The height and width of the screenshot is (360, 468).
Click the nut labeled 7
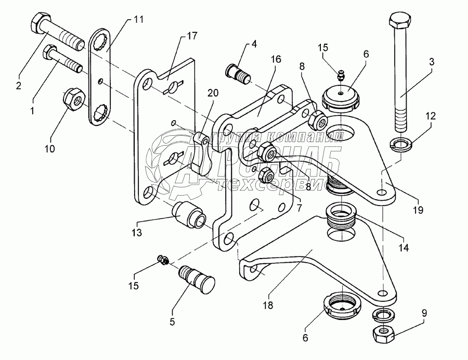[266, 175]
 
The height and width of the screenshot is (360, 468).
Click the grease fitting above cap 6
[340, 74]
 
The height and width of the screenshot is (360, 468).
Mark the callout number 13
[136, 234]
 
